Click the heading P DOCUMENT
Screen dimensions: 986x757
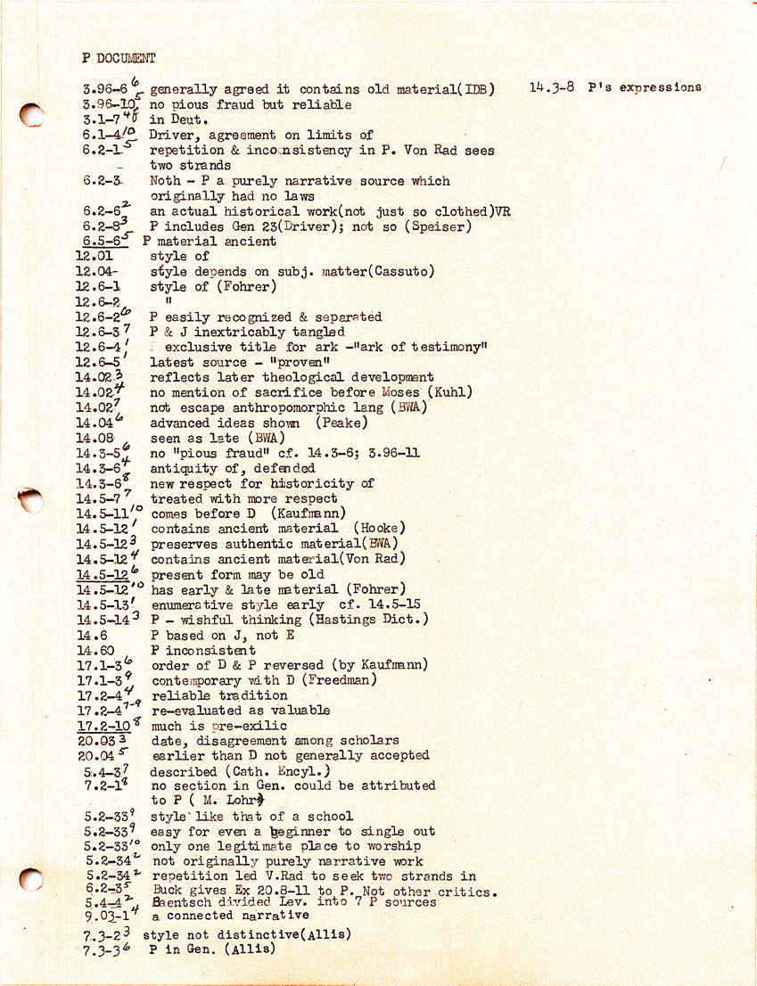click(x=119, y=58)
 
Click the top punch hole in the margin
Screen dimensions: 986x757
click(x=31, y=115)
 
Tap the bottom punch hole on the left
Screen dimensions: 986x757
click(x=31, y=880)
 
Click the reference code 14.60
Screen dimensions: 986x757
click(x=95, y=650)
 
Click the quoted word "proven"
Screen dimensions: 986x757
click(x=300, y=362)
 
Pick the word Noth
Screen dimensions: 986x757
click(x=166, y=181)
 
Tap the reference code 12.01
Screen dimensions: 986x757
click(x=95, y=256)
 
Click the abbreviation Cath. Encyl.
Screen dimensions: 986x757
click(x=277, y=771)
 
